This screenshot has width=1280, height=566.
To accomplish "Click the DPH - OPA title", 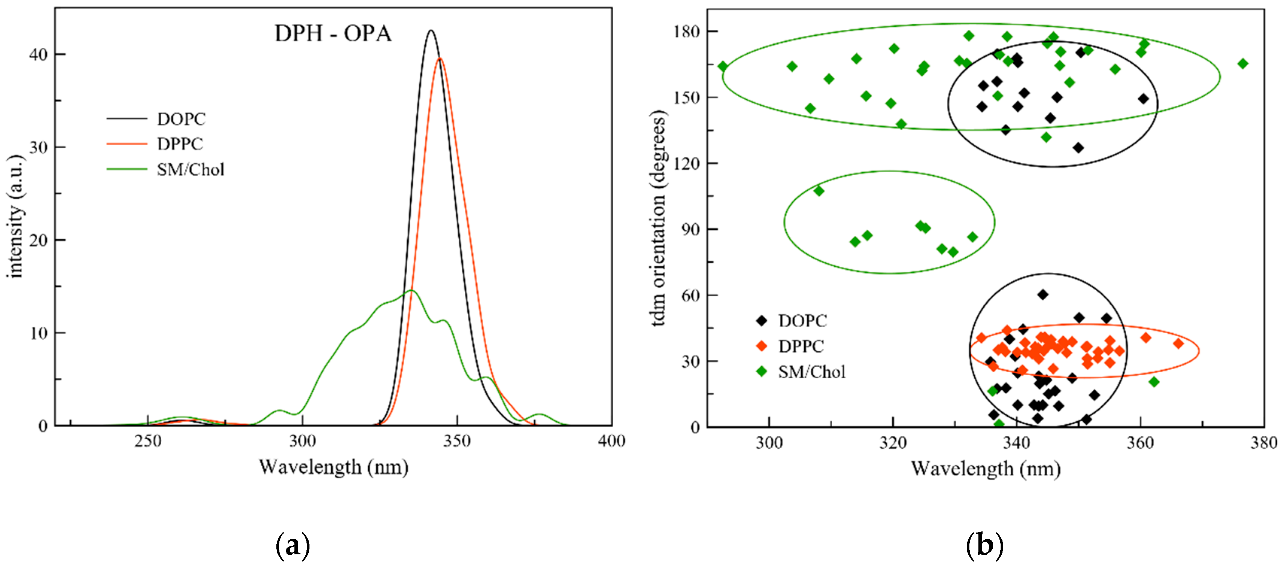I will [x=333, y=34].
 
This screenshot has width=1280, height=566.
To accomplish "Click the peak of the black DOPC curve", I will [x=431, y=31].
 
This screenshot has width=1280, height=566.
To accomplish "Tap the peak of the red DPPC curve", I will [x=440, y=59].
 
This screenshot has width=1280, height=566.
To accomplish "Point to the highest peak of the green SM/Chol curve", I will [x=411, y=290].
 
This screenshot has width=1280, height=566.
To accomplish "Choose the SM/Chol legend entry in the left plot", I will [x=190, y=170].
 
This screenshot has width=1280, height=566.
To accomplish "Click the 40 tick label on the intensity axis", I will [x=38, y=54].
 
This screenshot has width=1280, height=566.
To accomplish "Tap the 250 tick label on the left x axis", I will [x=147, y=441].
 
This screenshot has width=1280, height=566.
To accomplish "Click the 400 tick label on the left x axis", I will [x=611, y=441].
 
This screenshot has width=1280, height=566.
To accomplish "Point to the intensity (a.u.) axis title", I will [x=16, y=216].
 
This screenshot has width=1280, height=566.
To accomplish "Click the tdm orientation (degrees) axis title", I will [x=659, y=219].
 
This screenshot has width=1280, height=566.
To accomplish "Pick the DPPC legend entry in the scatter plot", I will [x=801, y=346].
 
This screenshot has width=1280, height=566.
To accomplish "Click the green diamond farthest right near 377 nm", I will [x=1243, y=64].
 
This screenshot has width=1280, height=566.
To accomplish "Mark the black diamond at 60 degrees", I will [x=1042, y=295].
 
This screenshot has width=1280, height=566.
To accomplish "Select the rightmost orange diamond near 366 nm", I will [x=1178, y=343].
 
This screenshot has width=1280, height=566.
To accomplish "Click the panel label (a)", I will [x=293, y=545].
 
